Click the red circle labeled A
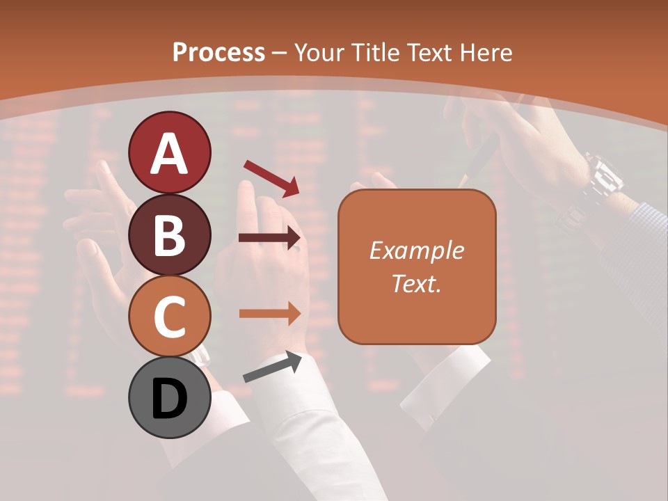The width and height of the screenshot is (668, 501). point(169,152)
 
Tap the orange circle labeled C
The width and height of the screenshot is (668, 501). point(169,317)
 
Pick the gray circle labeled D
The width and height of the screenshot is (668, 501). point(169,398)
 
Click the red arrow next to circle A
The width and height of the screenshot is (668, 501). point(271,178)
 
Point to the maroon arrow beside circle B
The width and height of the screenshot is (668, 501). point(269,238)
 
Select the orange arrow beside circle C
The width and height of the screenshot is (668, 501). point(269,313)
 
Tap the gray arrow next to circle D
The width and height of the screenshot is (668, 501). point(272,367)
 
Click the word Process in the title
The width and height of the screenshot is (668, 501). point(218,52)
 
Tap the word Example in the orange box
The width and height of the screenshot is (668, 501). point(416,250)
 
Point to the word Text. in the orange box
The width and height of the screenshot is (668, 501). point(416,283)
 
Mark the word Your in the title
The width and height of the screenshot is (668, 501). point(318,52)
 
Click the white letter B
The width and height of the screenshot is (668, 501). point(169,234)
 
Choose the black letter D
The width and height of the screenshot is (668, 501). point(169,399)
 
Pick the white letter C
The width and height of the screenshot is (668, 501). point(169,317)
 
